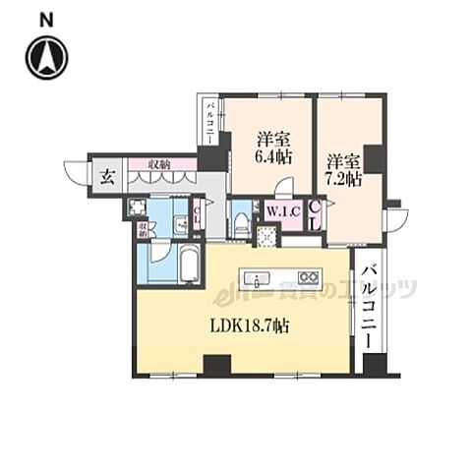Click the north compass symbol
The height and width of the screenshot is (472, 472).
click(46, 58)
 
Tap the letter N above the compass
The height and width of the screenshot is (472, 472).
click(46, 19)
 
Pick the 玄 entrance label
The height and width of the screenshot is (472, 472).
click(104, 178)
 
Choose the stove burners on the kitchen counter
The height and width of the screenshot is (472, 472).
click(308, 276)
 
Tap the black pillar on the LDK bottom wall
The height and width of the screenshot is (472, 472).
click(215, 365)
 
